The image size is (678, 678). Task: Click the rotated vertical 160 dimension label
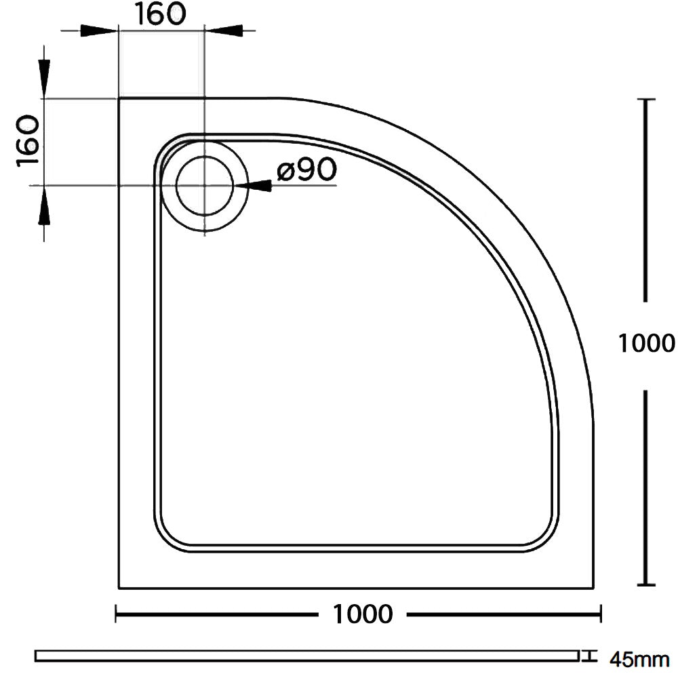pos(27,141)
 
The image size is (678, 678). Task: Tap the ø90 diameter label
pos(306,172)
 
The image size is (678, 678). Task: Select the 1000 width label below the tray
pos(363,614)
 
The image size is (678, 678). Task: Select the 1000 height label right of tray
pos(647,344)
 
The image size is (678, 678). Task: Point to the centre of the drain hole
pos(204,185)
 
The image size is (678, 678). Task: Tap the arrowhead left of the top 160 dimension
pos(98,31)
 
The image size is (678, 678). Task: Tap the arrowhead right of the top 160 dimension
pos(224,31)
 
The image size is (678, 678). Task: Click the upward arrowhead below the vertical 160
pos(44,207)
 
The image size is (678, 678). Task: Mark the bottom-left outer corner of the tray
pos(119,587)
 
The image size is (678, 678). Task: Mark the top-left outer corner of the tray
pos(119,99)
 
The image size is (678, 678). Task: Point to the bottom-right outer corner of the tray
pos(593,587)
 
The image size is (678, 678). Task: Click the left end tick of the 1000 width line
pos(117,615)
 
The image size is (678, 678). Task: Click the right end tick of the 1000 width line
pos(601,615)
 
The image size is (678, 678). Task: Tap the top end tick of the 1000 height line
pos(647,100)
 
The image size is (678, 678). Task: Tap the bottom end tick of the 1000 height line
pos(647,585)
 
